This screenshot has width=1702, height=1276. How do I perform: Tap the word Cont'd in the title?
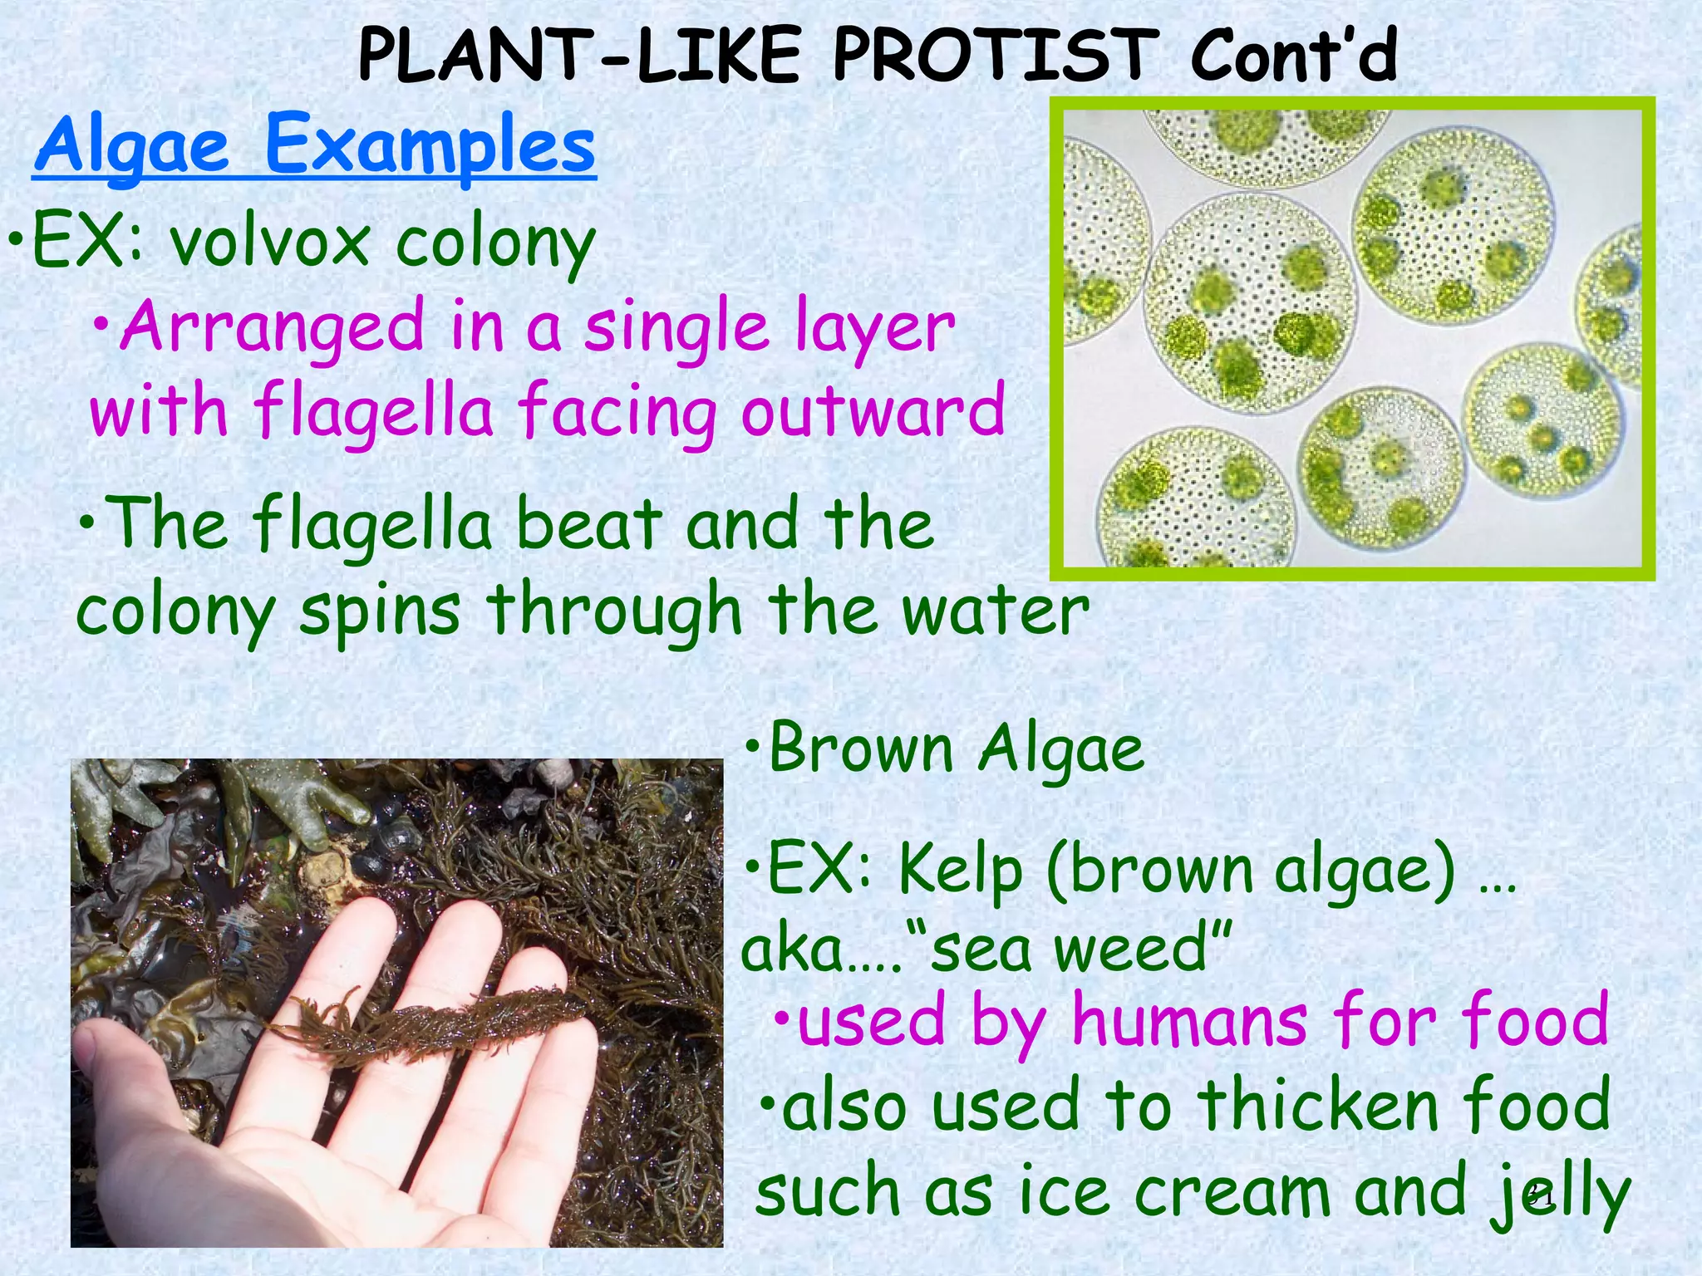tap(1293, 56)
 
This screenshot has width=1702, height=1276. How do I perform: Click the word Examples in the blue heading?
tap(430, 145)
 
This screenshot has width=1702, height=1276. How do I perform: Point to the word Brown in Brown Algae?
tap(861, 749)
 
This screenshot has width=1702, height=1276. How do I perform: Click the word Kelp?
tap(960, 871)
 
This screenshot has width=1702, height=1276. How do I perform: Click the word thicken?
tap(1317, 1105)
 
